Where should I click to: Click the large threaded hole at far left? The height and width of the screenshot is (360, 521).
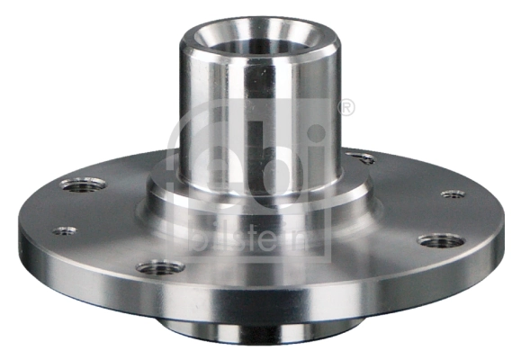[x=83, y=184]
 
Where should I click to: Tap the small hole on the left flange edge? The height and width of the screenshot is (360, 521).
[x=64, y=231]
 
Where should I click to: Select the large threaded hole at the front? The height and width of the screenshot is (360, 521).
[x=162, y=267]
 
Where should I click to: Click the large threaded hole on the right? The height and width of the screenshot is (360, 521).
[x=440, y=240]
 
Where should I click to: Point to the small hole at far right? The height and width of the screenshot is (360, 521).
[x=453, y=193]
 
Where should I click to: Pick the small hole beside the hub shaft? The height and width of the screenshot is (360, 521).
[x=364, y=158]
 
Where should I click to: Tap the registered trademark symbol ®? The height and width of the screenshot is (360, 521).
[x=345, y=109]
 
